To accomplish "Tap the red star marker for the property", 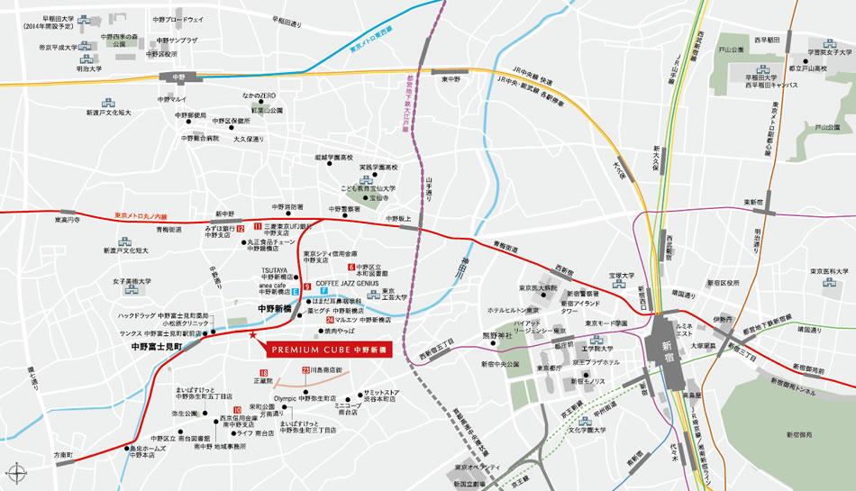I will [251, 336].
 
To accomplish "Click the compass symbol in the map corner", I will [15, 471].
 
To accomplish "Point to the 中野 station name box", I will [171, 77].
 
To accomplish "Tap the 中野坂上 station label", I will [397, 219].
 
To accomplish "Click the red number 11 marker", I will [257, 226].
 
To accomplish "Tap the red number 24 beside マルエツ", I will [331, 320].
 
